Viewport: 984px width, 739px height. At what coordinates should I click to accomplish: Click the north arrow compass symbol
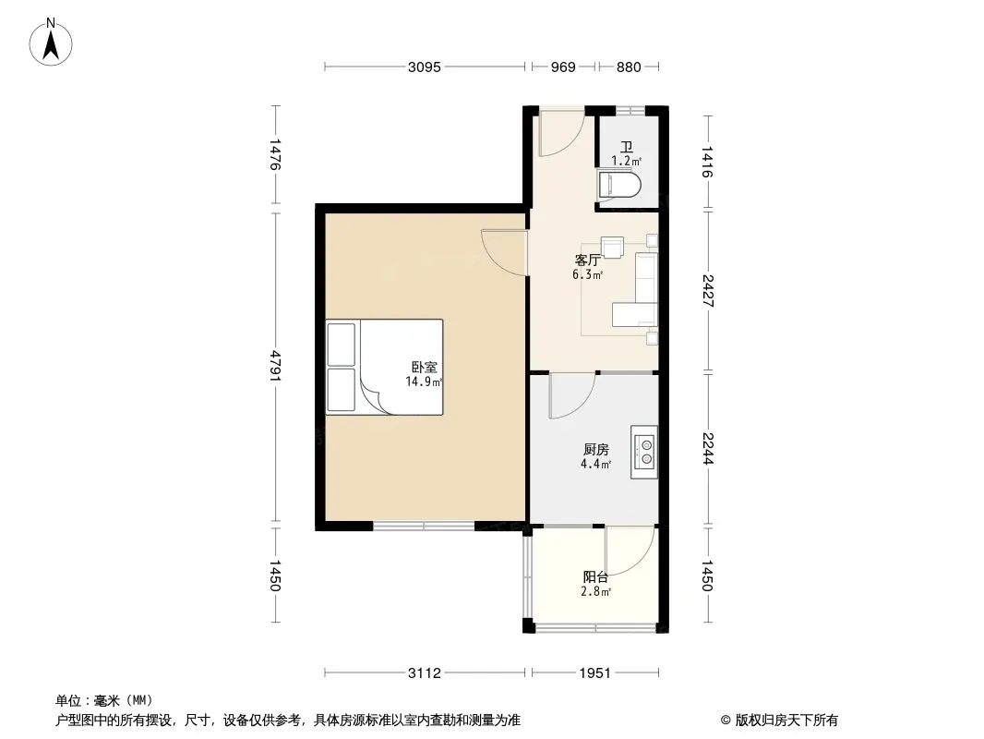click(51, 42)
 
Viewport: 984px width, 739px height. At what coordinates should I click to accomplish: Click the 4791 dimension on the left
click(275, 368)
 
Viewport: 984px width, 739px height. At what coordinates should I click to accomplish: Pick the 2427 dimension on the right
click(707, 291)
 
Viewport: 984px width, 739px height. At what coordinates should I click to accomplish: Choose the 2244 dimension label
click(707, 449)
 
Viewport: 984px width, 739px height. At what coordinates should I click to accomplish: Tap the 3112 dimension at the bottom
click(425, 673)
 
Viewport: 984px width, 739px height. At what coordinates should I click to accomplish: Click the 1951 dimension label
click(594, 673)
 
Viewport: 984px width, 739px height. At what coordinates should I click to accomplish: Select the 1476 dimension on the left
click(275, 154)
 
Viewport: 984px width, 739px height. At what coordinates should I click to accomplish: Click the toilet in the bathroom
click(619, 185)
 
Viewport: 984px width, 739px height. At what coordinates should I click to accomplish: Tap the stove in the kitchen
click(644, 452)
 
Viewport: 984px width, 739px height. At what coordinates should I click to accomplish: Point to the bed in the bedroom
click(384, 368)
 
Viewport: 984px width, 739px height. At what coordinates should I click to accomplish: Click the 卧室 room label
click(425, 368)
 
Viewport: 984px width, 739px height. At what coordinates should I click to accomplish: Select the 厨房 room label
click(595, 450)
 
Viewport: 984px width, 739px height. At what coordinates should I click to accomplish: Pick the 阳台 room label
click(595, 577)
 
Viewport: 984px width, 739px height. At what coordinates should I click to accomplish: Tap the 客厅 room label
click(588, 260)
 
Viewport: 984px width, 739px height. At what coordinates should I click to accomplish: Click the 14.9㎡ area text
click(425, 382)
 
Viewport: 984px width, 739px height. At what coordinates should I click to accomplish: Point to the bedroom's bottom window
click(424, 527)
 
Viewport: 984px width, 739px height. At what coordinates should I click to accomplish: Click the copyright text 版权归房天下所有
click(786, 721)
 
